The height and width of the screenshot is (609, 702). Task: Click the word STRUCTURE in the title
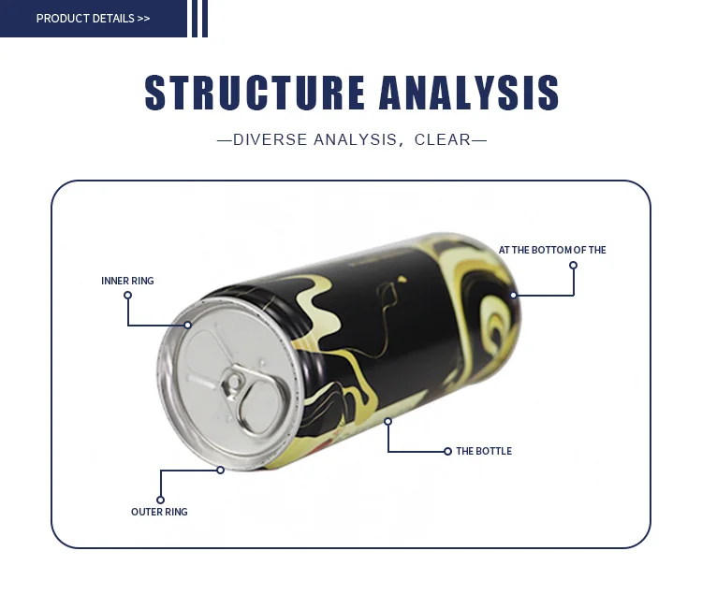tap(256, 94)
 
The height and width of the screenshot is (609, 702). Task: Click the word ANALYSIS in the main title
tap(469, 94)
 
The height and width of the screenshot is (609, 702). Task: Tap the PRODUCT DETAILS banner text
tap(85, 19)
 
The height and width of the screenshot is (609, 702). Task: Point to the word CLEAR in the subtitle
tap(443, 140)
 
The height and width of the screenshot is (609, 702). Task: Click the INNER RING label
tap(127, 281)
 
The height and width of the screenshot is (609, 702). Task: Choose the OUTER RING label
tap(159, 512)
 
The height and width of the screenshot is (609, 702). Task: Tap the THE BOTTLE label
tap(484, 451)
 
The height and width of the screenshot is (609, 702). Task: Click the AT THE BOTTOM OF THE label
tap(552, 250)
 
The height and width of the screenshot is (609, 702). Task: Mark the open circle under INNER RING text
tap(127, 296)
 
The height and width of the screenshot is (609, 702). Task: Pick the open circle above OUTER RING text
tap(160, 500)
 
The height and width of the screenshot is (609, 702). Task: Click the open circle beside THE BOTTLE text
tap(447, 451)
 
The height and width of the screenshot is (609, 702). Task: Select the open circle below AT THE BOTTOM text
tap(573, 265)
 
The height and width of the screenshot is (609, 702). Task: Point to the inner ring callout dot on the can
tap(187, 325)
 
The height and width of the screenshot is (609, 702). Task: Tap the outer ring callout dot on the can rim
tap(220, 470)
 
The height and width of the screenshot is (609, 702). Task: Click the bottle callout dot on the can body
tap(388, 422)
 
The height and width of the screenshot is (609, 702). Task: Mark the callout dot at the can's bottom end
tap(513, 296)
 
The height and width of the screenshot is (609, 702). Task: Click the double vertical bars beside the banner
tap(199, 19)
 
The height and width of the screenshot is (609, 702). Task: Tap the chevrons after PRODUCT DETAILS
tap(143, 19)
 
